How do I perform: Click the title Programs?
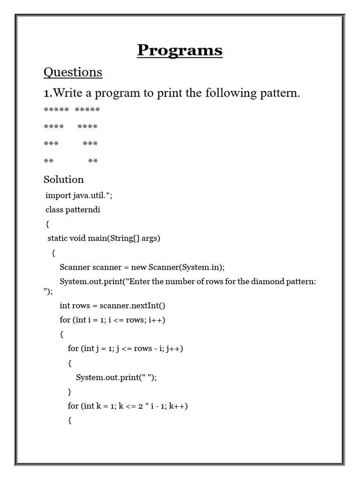180,50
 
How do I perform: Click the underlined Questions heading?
73,72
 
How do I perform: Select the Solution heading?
64,180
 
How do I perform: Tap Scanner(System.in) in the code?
187,267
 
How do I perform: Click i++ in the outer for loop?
157,320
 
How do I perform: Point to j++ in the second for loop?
174,349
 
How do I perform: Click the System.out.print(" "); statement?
116,377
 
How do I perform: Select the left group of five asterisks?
56,110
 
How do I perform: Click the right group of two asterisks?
93,161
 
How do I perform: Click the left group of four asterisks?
53,127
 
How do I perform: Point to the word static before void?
58,238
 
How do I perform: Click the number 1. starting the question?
47,93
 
